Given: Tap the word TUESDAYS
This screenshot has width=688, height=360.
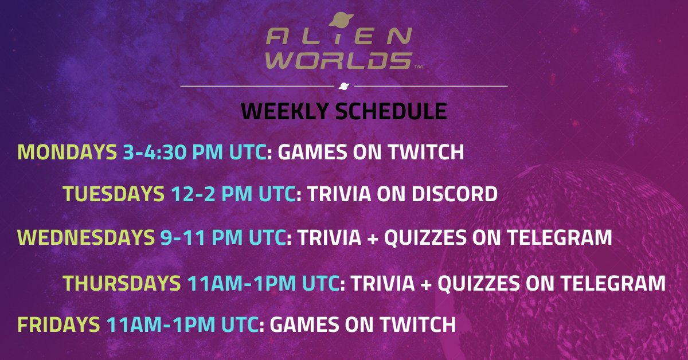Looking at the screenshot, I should point(113,195).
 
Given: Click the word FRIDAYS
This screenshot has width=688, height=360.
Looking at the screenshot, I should point(58,325).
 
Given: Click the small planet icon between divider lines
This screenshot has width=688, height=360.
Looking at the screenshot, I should point(343,86).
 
